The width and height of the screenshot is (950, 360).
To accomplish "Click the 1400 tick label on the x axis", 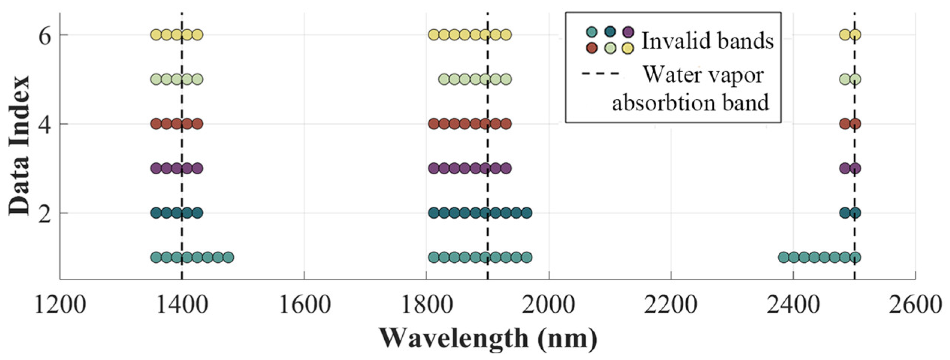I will tap(182, 305).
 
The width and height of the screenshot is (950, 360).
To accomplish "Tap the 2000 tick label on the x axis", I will tap(549, 305).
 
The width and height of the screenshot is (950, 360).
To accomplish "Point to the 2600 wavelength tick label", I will tap(915, 305).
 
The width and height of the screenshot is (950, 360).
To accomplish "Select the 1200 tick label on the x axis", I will tap(60, 305).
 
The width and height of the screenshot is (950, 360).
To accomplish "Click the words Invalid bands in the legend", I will tap(707, 40).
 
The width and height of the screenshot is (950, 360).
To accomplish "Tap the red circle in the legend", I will tap(592, 48).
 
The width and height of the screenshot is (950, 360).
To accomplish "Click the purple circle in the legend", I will tap(628, 32).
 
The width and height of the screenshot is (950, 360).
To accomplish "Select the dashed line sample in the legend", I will tap(600, 74).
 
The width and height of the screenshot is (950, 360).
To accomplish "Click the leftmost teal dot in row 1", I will tap(156, 257).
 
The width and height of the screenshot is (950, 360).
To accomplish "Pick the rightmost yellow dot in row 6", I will tap(855, 35).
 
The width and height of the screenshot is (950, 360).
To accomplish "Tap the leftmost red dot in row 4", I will tap(156, 124).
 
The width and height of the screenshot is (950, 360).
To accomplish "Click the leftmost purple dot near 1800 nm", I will tap(434, 168).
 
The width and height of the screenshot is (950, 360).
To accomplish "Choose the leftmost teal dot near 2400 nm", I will tap(783, 257).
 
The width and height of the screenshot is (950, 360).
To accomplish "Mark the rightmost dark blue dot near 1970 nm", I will tap(527, 213).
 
